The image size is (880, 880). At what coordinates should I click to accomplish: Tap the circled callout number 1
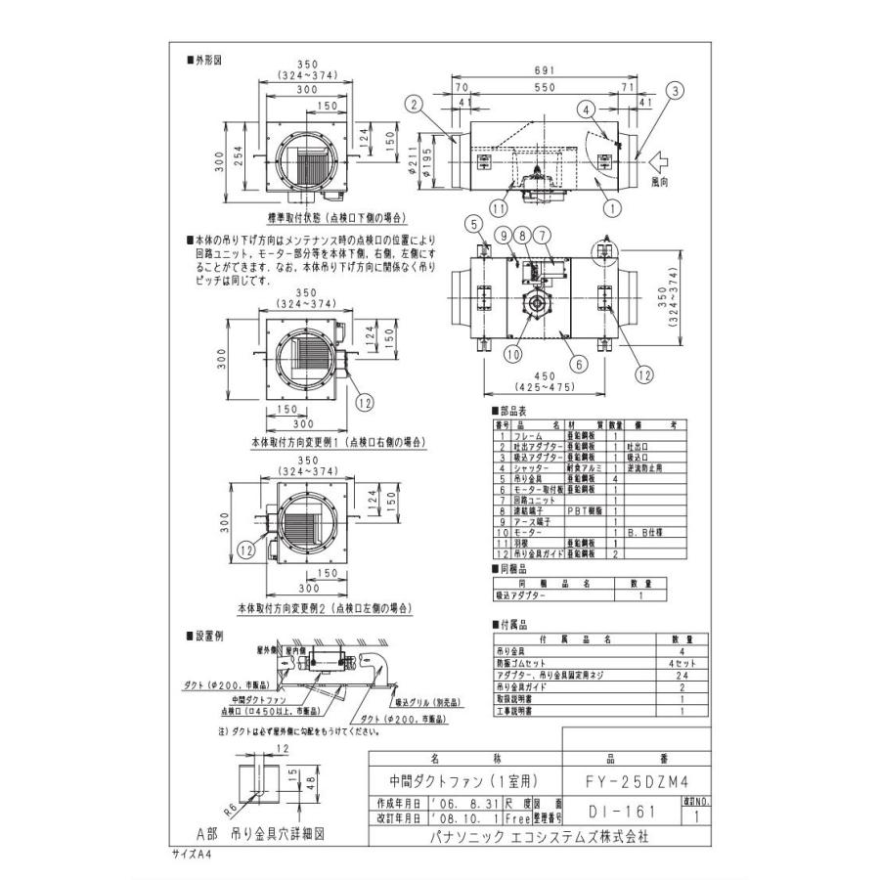coord(612,207)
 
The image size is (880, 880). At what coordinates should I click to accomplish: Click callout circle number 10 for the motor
coord(513,355)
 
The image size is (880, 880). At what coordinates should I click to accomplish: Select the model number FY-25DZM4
coord(637,780)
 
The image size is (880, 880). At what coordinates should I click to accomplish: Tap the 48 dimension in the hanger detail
coord(310,782)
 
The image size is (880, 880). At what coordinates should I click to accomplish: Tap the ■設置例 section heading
coord(204,636)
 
